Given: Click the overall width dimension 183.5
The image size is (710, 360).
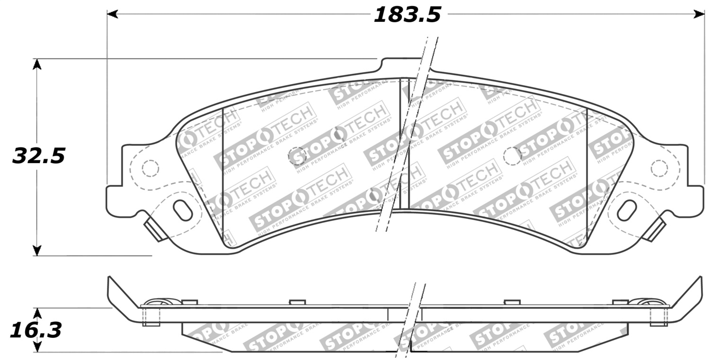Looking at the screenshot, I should [x=407, y=14].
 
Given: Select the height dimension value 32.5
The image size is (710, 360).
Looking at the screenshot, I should [x=38, y=156].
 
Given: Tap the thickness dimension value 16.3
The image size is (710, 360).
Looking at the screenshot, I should [x=36, y=330].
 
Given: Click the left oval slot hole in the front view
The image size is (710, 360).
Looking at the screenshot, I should [x=183, y=210].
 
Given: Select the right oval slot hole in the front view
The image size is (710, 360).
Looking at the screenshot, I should [x=627, y=210].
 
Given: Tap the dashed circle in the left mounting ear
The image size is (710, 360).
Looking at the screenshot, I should [x=151, y=168].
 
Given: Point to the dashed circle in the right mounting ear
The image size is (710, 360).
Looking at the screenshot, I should [x=658, y=168].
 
